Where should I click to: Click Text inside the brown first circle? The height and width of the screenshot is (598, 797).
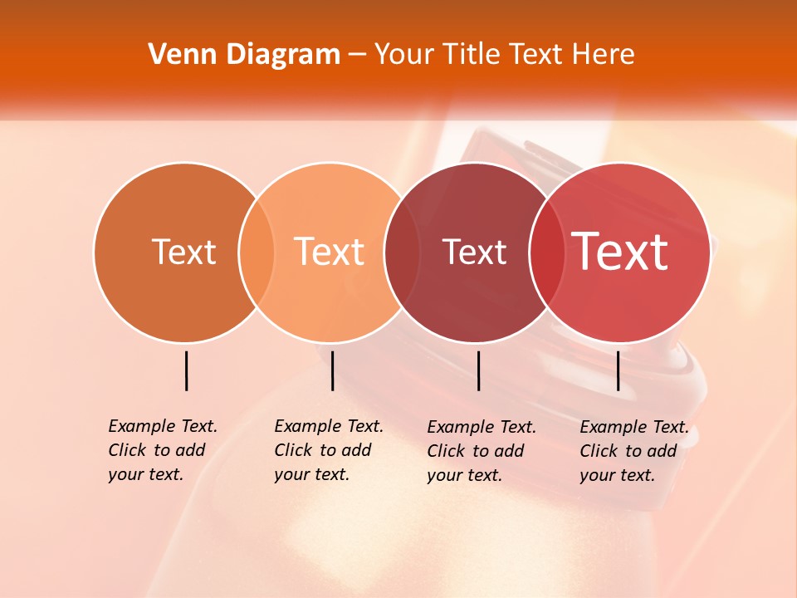coord(183,252)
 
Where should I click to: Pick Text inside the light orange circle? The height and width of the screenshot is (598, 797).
coord(330,252)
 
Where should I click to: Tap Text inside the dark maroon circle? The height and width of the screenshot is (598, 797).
coord(474,252)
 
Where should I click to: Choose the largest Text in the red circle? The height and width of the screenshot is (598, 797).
coord(620,252)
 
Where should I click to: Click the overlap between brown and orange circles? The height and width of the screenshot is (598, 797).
coord(257,252)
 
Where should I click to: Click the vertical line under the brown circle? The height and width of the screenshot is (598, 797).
coord(187,370)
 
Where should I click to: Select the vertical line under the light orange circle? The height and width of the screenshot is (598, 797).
coord(332,370)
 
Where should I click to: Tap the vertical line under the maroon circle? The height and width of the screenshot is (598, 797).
coord(479,370)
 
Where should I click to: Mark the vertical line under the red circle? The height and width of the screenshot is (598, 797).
coord(619,370)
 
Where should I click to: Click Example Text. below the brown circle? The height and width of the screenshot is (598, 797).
coord(163,426)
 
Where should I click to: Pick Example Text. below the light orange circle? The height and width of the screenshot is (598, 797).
coord(329,426)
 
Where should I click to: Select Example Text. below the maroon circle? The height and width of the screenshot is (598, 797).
coord(482,427)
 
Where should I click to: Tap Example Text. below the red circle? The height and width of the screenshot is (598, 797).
coord(634,427)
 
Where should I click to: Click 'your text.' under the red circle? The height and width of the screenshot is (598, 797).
coord(617,475)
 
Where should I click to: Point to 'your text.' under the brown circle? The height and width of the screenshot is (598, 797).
coord(145,474)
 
